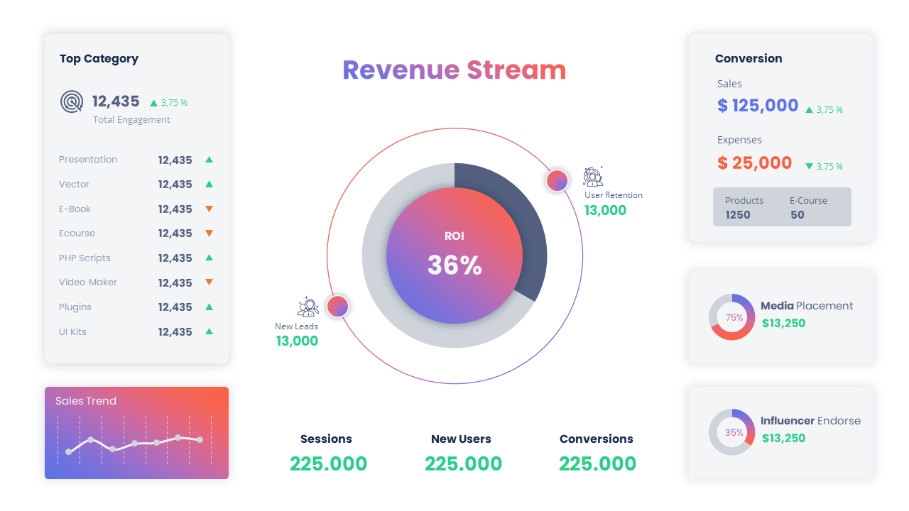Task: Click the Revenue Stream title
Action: tap(454, 70)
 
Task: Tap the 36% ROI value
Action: tap(454, 265)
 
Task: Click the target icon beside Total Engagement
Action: tap(72, 101)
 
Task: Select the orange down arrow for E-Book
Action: tap(209, 209)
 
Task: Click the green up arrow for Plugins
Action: tap(209, 307)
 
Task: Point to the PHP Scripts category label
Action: tap(85, 258)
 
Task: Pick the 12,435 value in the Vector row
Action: tap(175, 185)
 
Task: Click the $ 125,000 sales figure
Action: tap(758, 106)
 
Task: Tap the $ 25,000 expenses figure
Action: tap(754, 163)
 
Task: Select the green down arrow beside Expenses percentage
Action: tap(809, 166)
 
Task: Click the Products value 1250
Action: tap(738, 215)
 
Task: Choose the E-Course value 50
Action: tap(798, 215)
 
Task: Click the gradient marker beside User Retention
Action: tap(557, 180)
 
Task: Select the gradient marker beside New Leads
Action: tap(337, 306)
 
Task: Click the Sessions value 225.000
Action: tap(328, 464)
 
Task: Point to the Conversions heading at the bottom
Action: tap(597, 439)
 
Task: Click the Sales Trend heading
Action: tap(86, 401)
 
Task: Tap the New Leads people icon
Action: tap(307, 307)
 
